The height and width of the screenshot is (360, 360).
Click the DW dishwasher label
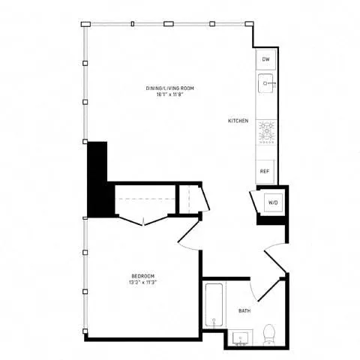click(x=265, y=58)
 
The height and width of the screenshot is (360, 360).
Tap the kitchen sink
click(x=265, y=82)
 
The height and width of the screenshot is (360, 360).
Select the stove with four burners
click(x=265, y=132)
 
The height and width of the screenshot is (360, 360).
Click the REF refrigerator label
click(x=265, y=171)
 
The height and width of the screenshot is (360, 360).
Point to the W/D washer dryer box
click(x=272, y=202)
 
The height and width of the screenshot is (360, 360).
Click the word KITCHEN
click(x=238, y=120)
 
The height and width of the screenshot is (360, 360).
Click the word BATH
click(x=244, y=310)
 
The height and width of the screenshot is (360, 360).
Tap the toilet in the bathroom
click(x=269, y=333)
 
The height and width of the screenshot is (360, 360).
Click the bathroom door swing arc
click(x=255, y=289)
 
